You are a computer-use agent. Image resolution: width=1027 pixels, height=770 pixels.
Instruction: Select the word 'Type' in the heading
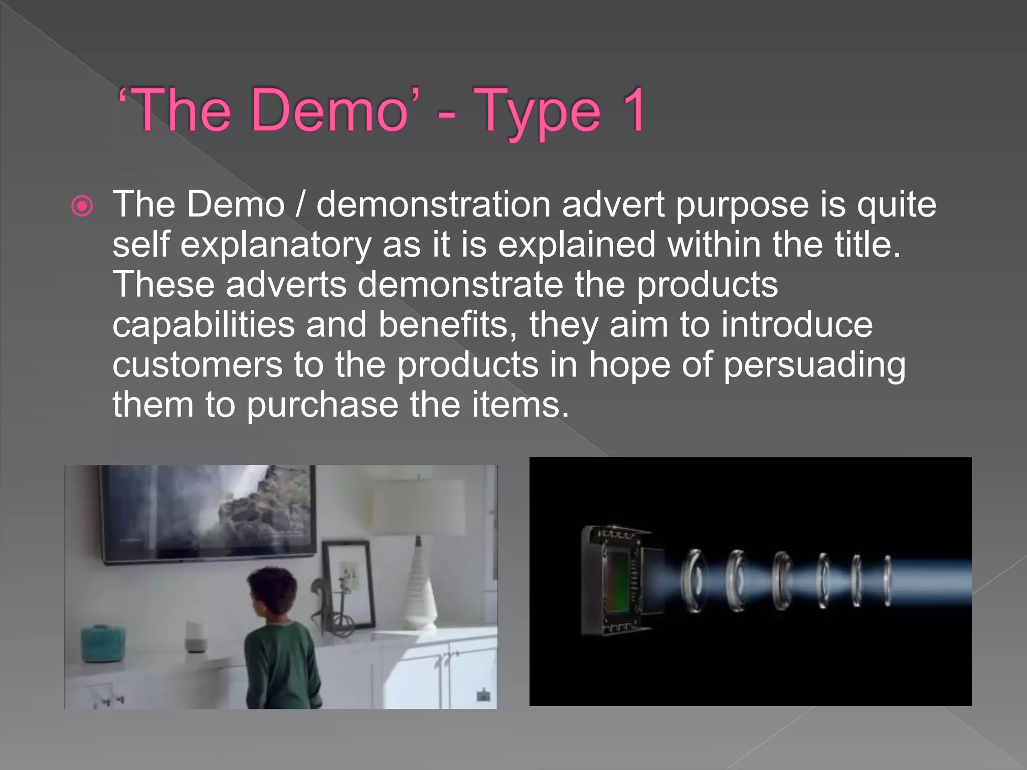[537, 113]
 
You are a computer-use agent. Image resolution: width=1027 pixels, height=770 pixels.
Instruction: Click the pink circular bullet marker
[82, 206]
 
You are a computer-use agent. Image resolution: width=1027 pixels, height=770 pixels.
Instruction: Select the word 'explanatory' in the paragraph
[276, 246]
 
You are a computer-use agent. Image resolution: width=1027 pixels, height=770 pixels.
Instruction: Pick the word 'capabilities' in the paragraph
[204, 326]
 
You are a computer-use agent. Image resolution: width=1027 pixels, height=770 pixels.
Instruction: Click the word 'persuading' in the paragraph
[814, 366]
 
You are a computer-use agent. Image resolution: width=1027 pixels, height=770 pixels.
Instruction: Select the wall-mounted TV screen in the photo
[208, 511]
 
